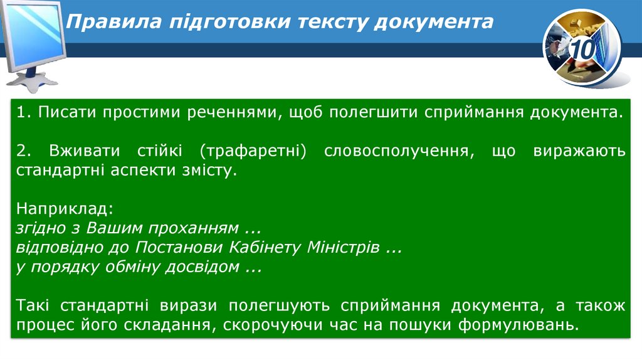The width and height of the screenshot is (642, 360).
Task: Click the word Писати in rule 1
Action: tap(61, 114)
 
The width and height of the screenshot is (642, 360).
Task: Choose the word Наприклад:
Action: tap(65, 208)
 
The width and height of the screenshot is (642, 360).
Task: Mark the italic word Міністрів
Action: tap(343, 246)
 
